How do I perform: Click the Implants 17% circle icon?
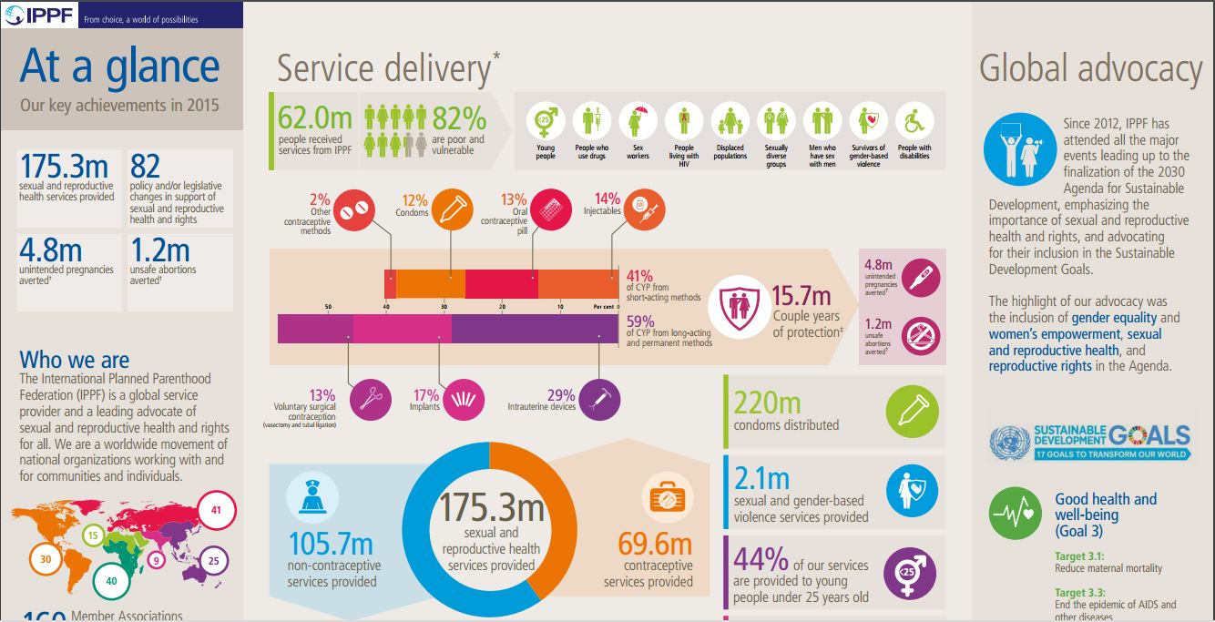tap(463, 398)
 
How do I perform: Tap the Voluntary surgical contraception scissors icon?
tap(371, 398)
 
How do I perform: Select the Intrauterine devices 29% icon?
tap(599, 398)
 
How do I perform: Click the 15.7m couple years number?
tap(801, 295)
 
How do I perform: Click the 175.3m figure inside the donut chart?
tap(492, 506)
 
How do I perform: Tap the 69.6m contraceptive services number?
tap(655, 544)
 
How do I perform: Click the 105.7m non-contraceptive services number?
tap(331, 544)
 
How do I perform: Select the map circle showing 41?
tap(216, 510)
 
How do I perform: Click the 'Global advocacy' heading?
tap(1091, 69)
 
